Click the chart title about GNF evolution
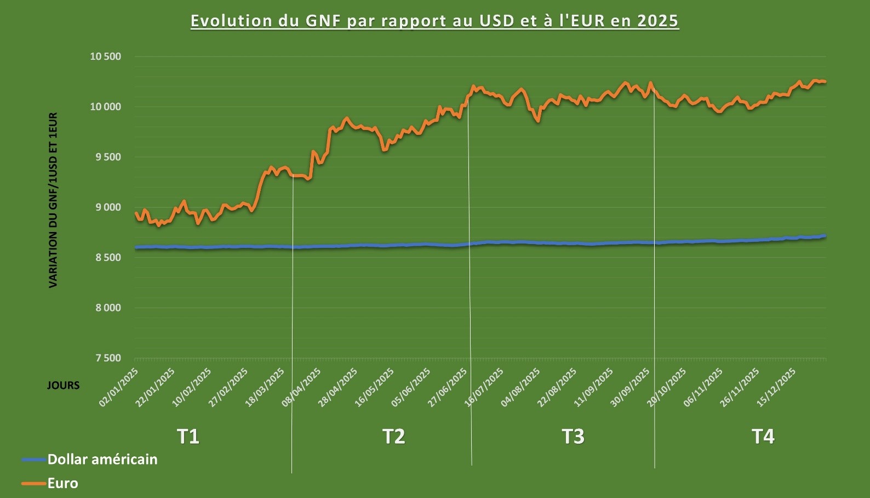434,21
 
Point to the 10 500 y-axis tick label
105,56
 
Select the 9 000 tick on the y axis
108,207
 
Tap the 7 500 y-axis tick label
108,358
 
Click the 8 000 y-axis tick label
108,308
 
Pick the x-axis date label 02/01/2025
119,388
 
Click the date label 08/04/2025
301,388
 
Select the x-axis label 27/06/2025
448,388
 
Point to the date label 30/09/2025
630,388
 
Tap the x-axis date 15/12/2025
776,388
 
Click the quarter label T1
188,437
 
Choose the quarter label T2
393,437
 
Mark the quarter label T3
573,437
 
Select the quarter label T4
763,437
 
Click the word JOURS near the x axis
63,385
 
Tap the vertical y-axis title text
53,200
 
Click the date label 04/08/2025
520,388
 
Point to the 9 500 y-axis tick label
108,157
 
